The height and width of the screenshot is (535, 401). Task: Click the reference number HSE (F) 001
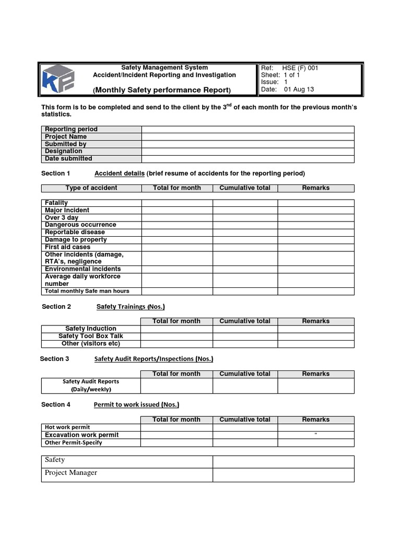click(300, 68)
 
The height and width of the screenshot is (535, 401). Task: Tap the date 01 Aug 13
click(299, 89)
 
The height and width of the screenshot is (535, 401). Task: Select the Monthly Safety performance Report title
click(162, 90)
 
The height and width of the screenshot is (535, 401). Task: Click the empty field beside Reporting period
click(247, 130)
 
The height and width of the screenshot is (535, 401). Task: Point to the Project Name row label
click(66, 137)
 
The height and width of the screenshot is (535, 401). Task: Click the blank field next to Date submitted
click(247, 159)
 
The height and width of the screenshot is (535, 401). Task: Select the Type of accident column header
click(91, 188)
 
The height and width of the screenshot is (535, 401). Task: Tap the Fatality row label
click(56, 203)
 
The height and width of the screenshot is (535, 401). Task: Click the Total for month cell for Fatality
click(176, 203)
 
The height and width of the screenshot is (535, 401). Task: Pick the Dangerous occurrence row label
click(80, 225)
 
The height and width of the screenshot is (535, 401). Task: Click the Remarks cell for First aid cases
click(315, 247)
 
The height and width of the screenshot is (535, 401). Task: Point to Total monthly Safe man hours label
click(87, 291)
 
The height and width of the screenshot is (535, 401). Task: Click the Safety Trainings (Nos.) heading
click(131, 307)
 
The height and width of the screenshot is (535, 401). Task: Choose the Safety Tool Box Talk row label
click(91, 336)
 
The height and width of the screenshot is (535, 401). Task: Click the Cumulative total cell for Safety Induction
click(245, 329)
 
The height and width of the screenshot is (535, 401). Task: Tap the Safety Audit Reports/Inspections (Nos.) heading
click(154, 359)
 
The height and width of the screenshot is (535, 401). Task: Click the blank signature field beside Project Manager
click(283, 474)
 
